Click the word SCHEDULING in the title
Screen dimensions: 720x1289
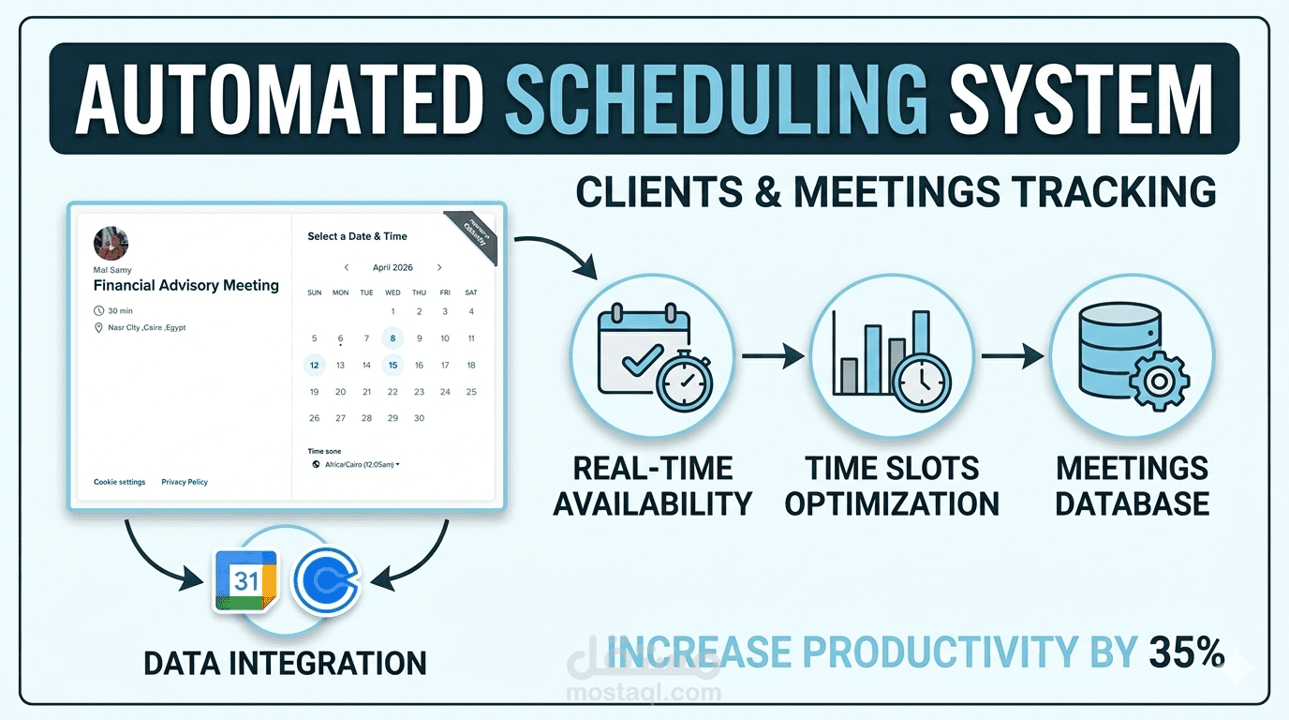[x=718, y=100]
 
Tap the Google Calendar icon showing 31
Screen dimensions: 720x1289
[x=245, y=580]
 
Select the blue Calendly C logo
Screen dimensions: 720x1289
[x=326, y=581]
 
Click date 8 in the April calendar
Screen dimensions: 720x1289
[x=393, y=338]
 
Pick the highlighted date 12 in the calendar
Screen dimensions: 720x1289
[x=315, y=365]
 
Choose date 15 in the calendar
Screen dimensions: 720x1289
[x=393, y=365]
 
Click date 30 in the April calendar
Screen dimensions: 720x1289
[x=419, y=418]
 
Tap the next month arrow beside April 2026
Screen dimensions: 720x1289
[x=439, y=267]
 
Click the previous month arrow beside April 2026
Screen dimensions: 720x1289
[x=347, y=267]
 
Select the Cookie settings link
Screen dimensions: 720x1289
[x=120, y=482]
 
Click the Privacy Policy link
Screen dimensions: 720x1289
[x=185, y=482]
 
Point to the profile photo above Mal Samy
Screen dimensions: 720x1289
[x=111, y=244]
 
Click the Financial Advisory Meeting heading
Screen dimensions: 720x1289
[x=186, y=285]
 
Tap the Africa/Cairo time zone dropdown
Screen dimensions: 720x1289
[x=356, y=464]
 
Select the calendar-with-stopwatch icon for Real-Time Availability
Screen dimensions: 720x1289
[x=654, y=355]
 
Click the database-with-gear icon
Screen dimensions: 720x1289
[x=1131, y=355]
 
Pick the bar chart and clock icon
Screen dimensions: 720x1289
[x=893, y=355]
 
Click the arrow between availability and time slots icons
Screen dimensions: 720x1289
[x=773, y=355]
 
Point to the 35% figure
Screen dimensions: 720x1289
[x=1186, y=652]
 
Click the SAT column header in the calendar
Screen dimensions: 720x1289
[x=471, y=292]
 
